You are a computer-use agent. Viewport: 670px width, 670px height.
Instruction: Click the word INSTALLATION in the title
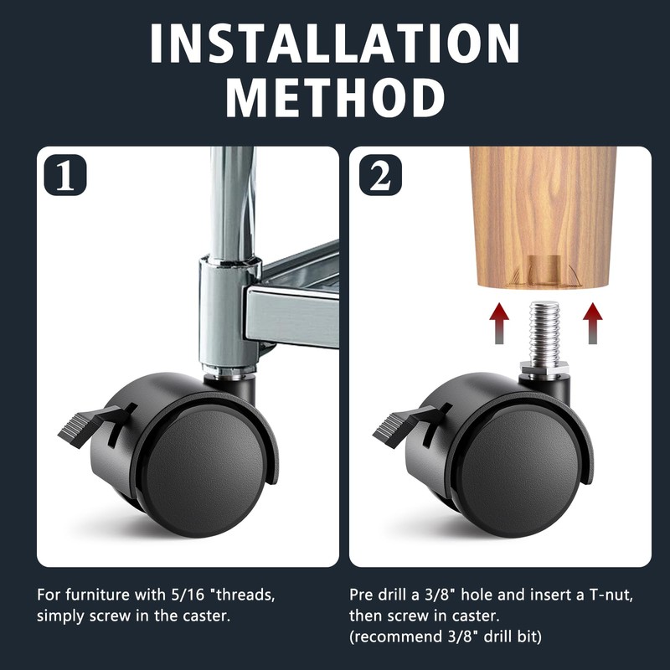pos(335,43)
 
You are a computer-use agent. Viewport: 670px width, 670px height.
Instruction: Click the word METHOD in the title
pos(335,98)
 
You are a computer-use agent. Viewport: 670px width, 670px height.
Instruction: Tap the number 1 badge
pos(65,175)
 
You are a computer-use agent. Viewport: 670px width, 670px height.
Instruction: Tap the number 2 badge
pos(380,175)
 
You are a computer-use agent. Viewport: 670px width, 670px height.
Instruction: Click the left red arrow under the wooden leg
pos(499,323)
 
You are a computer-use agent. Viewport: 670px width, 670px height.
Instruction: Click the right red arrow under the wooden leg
pos(593,323)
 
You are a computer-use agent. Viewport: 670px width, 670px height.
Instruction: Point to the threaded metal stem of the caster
pos(544,331)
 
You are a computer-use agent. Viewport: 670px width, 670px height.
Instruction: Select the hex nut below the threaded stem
pos(544,368)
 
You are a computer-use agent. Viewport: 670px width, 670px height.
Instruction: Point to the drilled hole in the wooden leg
pos(544,270)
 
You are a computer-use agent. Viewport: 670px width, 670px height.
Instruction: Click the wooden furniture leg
pos(543,217)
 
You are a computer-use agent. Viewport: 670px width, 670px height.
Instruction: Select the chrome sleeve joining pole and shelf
pos(229,311)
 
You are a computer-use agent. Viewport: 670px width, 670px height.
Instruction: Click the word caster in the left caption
pos(206,616)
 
